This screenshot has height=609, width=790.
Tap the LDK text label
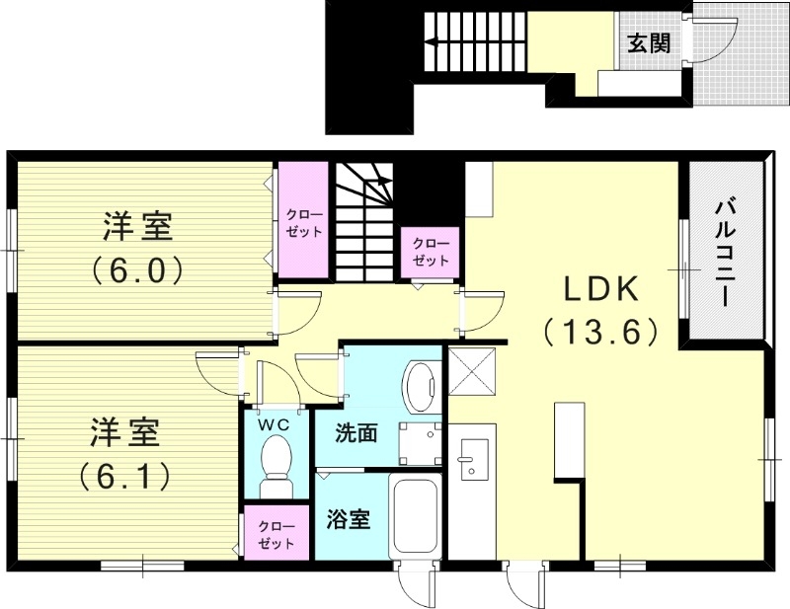click(602, 289)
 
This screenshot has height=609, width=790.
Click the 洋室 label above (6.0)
click(138, 226)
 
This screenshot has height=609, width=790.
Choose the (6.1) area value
click(126, 476)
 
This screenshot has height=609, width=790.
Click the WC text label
click(274, 424)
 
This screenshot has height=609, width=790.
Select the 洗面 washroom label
click(355, 433)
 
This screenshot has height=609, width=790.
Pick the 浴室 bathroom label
click(349, 519)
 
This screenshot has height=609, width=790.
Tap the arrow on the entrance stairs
click(431, 42)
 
